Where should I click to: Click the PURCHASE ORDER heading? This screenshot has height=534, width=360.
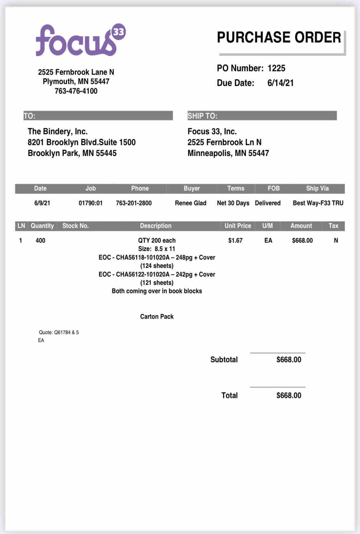coord(279,37)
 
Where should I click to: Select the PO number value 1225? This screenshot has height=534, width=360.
coord(276,68)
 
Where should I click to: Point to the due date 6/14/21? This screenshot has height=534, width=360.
coord(280,83)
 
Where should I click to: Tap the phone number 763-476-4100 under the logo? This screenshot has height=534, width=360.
coord(76,91)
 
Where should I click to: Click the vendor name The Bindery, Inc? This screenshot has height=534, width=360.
coord(58,131)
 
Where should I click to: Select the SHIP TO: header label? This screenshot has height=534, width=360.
coord(202,116)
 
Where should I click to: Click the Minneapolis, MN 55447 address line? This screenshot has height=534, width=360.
coord(228,153)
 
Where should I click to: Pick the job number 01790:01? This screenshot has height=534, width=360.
coord(91,203)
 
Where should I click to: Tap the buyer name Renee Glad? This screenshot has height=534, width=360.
coord(190,203)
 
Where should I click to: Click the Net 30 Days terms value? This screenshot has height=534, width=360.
coord(233,203)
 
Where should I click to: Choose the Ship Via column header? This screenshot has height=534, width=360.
coord(317,188)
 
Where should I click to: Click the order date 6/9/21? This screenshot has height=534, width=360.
coord(42,203)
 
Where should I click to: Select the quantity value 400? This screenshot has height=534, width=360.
coord(40,240)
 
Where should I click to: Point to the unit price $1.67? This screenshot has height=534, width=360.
coord(235,240)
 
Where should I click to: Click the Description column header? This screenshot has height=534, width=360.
coord(156,226)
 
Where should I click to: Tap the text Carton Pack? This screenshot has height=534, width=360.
coord(157,317)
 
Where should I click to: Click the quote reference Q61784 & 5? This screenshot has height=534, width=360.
coord(59,333)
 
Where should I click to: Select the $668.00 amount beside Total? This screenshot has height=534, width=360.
coord(289,396)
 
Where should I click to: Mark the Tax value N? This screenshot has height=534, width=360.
coord(336,240)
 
